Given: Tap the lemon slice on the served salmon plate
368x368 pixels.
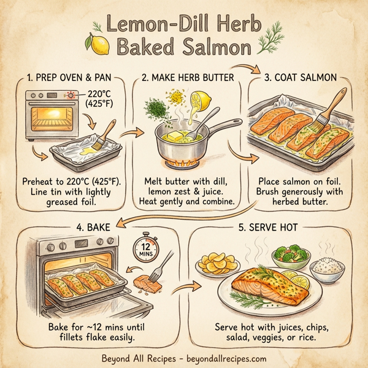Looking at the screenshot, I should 300,280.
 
